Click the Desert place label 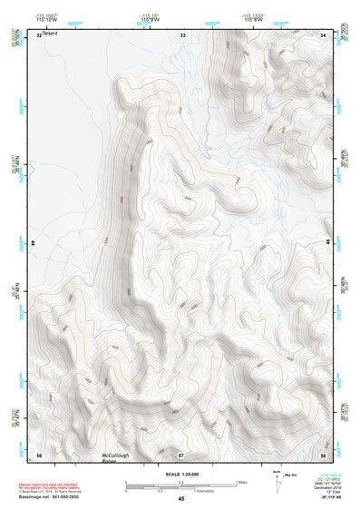coord(49,35)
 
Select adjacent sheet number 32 coord(38,34)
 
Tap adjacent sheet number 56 coord(38,454)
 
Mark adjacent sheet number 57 coord(181,454)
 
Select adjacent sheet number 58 coord(323,454)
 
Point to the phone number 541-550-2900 coord(65,495)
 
